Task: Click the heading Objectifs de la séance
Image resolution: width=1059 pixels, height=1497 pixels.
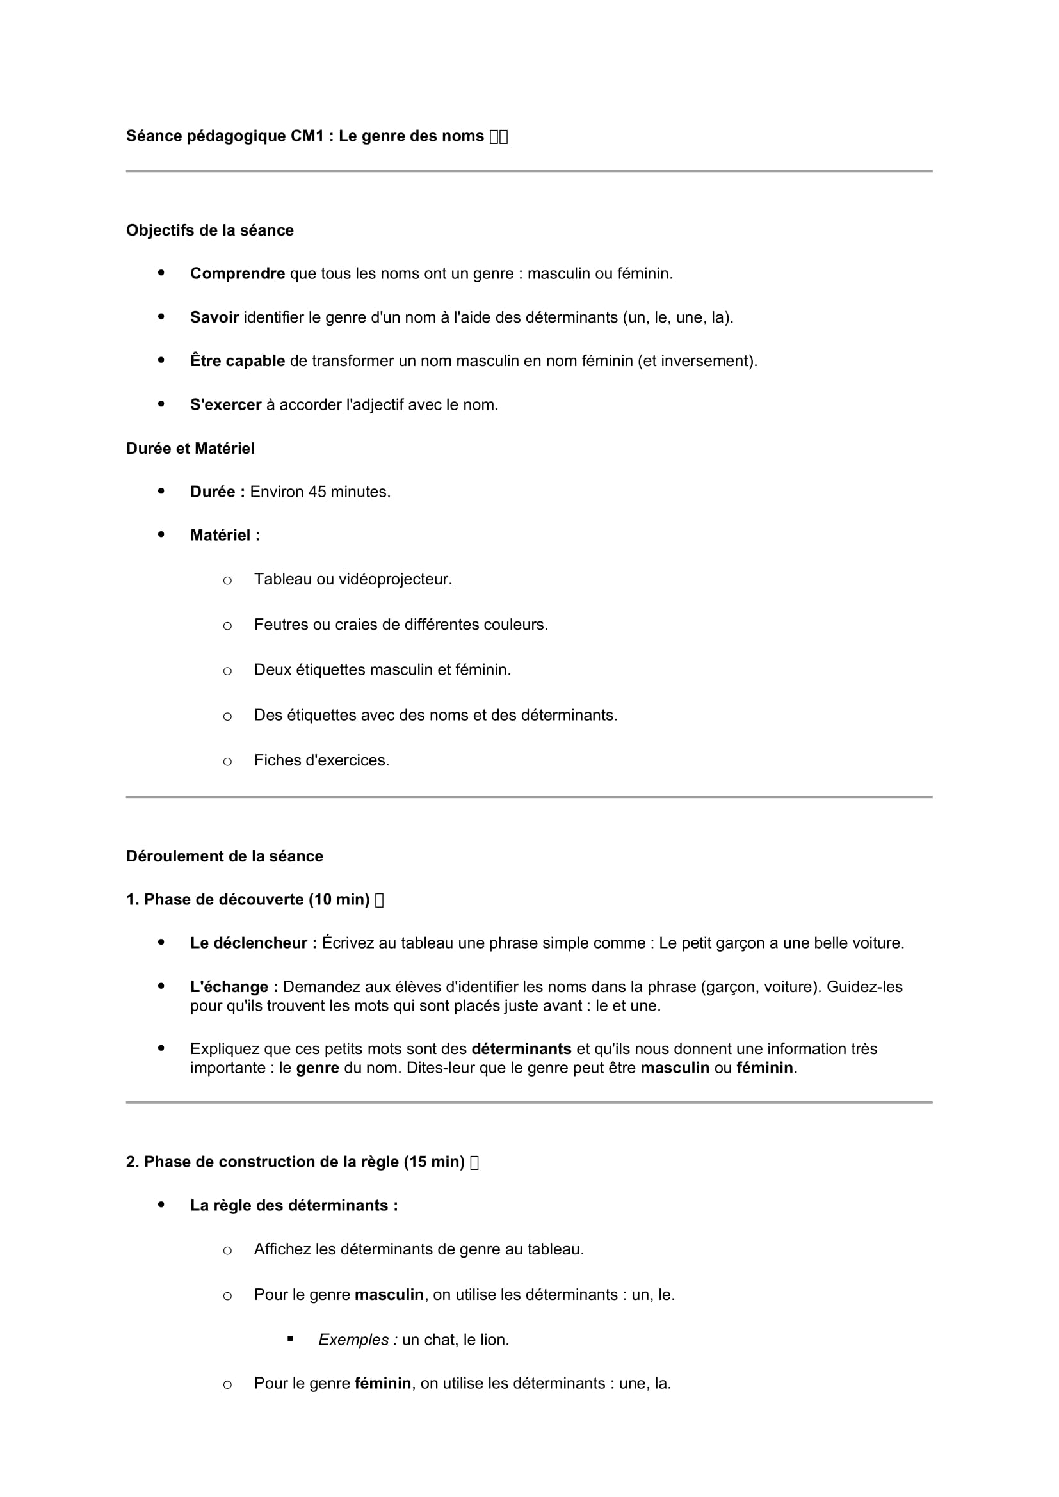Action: coord(210,230)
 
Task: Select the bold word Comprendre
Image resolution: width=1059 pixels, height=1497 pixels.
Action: coord(238,274)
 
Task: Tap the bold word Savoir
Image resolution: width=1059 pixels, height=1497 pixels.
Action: coord(214,317)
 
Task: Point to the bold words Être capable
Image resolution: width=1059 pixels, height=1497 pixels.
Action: coord(238,361)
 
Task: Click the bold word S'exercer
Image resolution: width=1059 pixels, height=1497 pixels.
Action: coord(225,405)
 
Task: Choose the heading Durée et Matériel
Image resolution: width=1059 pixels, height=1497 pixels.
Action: coord(190,449)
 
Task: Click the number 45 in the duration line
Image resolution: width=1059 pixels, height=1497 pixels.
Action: coord(317,492)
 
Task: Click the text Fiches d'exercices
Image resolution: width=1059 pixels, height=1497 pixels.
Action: coord(321,760)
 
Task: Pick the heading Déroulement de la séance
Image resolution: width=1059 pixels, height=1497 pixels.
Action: coord(224,856)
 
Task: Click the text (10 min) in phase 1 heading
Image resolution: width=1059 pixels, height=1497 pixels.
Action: coord(340,900)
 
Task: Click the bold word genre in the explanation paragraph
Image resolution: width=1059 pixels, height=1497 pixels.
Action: coord(318,1069)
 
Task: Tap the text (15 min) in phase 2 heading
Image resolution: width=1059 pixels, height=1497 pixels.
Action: coord(434,1162)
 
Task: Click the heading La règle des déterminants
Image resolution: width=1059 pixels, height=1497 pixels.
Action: coord(293,1206)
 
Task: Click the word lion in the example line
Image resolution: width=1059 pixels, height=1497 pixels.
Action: coord(494,1340)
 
